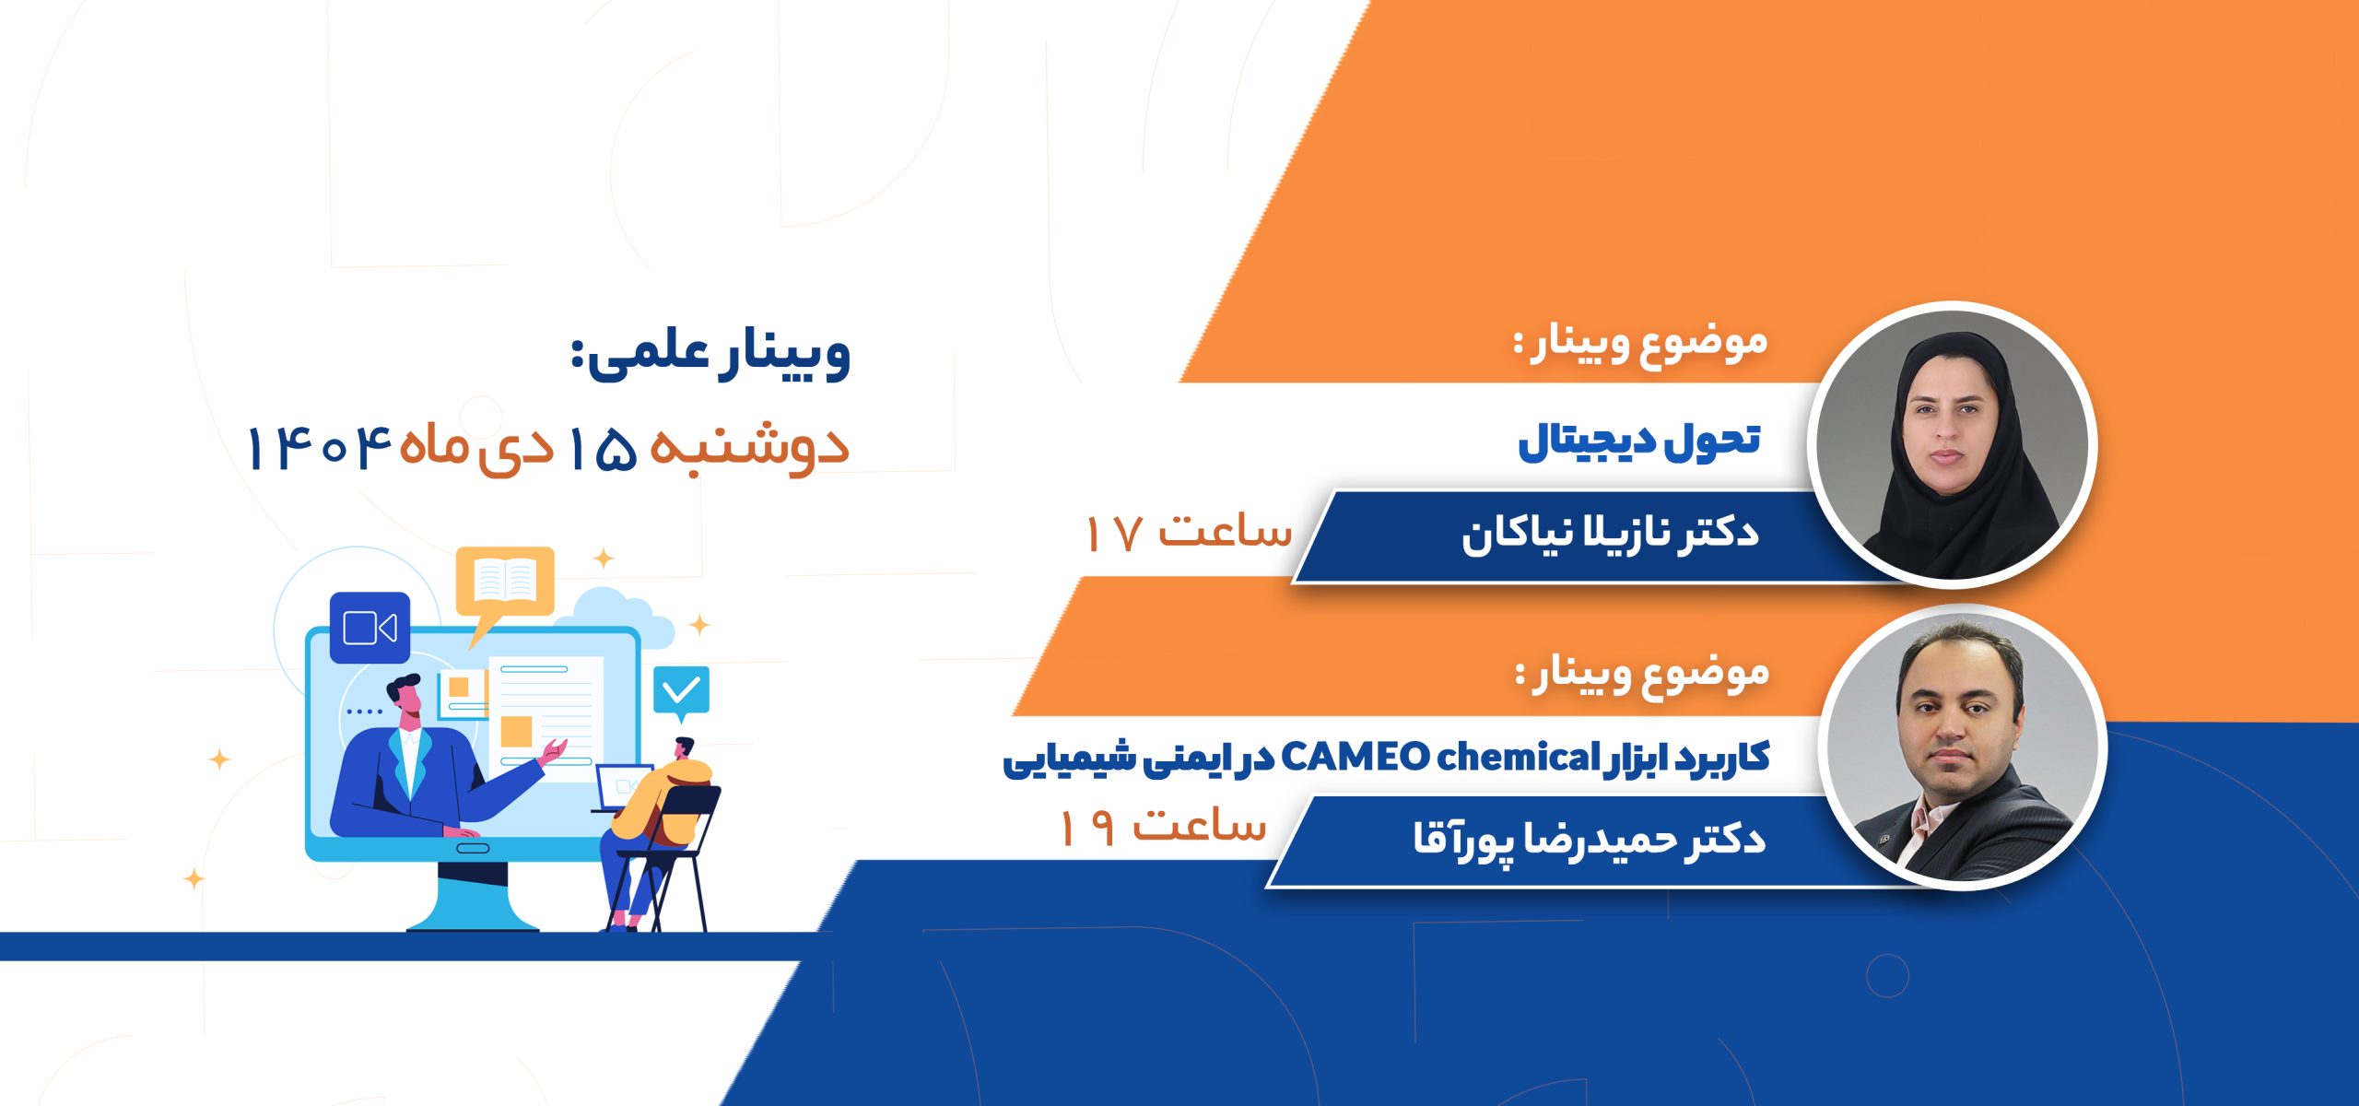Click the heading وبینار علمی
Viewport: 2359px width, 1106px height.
point(710,355)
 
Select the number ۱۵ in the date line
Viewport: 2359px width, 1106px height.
point(601,449)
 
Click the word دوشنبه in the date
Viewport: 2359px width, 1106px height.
point(749,449)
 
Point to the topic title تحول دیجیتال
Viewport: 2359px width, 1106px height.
point(1639,441)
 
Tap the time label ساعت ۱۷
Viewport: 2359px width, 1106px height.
point(1189,532)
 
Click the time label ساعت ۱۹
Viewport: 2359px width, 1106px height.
point(1163,826)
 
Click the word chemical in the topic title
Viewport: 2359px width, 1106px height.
point(1517,758)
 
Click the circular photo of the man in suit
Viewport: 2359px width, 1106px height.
point(1963,747)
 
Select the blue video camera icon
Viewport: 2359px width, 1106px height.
point(370,629)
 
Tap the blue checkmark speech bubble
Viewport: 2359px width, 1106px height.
point(681,692)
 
